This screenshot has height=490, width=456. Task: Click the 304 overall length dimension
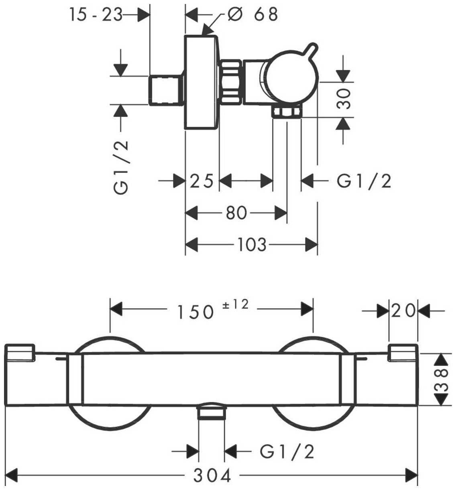(213, 476)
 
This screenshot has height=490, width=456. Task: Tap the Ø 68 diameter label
(252, 14)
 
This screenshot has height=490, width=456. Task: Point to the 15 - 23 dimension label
(95, 15)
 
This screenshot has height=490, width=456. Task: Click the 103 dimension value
(252, 244)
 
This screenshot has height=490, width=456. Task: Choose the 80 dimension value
(236, 213)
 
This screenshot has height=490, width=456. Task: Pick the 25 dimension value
(202, 182)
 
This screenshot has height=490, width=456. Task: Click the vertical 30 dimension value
(344, 99)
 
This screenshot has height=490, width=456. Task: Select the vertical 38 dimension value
(443, 379)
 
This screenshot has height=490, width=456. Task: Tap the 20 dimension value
(403, 310)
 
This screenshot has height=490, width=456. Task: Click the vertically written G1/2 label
(122, 167)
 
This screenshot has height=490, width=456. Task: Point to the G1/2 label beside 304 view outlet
(287, 452)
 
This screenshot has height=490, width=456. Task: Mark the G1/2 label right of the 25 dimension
(364, 182)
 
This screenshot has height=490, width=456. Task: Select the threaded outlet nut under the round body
(286, 112)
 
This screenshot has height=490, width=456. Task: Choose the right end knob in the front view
(403, 351)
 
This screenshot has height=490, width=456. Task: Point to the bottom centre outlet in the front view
(212, 412)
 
